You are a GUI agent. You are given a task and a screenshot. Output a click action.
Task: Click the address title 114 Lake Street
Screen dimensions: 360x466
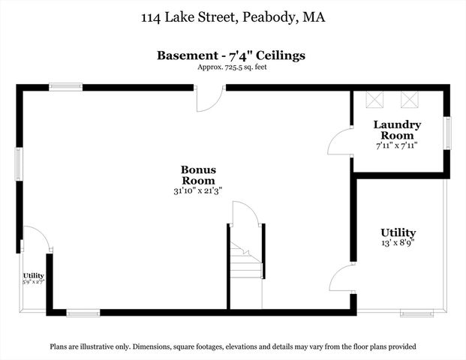(233, 16)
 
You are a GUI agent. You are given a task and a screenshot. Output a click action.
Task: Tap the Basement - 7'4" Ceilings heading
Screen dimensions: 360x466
(231, 55)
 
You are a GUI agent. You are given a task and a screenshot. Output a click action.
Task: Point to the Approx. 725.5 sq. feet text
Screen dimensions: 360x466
(232, 67)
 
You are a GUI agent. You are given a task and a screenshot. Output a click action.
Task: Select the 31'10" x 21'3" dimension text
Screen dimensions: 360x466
(198, 191)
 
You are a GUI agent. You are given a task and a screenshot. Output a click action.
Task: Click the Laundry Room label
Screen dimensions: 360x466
(397, 129)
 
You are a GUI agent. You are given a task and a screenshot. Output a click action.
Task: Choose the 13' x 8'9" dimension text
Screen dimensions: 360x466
(398, 243)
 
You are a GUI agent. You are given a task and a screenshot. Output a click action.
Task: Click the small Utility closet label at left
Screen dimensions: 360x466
(34, 276)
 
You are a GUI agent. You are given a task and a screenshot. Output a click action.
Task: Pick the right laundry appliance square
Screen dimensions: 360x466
(408, 100)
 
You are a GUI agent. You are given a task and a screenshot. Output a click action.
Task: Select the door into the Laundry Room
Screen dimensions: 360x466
(340, 142)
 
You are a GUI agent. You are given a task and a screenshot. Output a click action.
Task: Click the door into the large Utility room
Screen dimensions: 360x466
(341, 277)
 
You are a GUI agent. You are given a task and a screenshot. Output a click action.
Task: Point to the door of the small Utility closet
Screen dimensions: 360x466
(36, 238)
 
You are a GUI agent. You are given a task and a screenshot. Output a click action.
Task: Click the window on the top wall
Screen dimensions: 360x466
(65, 87)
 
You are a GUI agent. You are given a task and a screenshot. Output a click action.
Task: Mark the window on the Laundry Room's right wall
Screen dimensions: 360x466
(447, 133)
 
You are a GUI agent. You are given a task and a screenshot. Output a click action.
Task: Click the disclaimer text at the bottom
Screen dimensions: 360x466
(233, 346)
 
